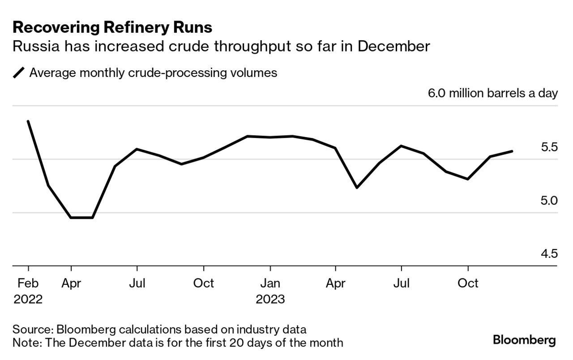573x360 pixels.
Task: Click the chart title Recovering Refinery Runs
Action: [112, 28]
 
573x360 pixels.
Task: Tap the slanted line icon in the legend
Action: [19, 73]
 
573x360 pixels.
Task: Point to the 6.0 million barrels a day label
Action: [493, 93]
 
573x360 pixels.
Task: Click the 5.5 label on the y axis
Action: [547, 147]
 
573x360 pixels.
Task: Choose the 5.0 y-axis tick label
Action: [547, 200]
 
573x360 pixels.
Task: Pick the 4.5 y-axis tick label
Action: [547, 254]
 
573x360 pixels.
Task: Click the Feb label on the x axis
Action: [28, 283]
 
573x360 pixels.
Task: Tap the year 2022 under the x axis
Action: [28, 299]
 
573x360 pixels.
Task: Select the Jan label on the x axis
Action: [270, 283]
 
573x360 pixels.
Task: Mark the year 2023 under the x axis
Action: [270, 299]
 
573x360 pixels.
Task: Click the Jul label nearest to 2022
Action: [137, 283]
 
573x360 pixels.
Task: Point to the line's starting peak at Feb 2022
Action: [28, 121]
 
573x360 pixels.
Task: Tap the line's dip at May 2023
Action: [357, 188]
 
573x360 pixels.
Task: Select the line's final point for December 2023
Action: [512, 151]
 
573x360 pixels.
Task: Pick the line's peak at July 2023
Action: [402, 146]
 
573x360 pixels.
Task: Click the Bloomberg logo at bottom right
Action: [524, 340]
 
